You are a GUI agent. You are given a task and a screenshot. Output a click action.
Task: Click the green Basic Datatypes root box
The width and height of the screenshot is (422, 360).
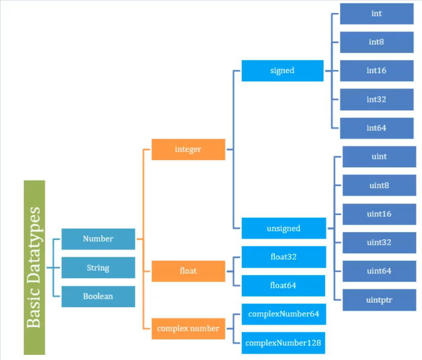tap(34, 267)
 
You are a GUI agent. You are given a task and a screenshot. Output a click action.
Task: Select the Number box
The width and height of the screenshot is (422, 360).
tap(98, 239)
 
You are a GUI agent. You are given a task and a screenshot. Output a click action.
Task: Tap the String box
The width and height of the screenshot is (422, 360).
tap(98, 268)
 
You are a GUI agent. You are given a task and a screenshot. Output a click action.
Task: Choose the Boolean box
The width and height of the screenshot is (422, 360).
tap(98, 296)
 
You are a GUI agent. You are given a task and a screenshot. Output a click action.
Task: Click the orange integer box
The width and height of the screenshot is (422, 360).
tap(188, 150)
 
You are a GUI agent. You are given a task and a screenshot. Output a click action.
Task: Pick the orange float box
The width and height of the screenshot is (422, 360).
tap(188, 271)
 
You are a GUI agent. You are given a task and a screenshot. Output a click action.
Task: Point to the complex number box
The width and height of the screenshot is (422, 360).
tap(188, 329)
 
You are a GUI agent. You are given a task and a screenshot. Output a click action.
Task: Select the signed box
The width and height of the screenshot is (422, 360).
tap(282, 70)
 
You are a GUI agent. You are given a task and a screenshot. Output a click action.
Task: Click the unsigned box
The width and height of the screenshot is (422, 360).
tap(283, 228)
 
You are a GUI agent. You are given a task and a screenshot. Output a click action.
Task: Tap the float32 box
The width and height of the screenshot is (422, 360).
tap(283, 257)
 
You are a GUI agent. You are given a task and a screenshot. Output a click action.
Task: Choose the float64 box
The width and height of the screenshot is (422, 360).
tap(283, 285)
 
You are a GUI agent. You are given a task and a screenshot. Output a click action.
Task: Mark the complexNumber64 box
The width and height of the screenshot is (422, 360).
tap(283, 314)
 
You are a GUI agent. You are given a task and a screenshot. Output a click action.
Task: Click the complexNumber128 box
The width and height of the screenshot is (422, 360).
tap(283, 343)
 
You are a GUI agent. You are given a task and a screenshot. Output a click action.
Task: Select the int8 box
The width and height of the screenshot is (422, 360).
tap(376, 42)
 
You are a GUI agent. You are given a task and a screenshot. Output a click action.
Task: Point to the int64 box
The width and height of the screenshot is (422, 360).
tap(376, 128)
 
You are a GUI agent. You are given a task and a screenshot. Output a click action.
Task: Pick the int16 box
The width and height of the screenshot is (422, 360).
tap(376, 70)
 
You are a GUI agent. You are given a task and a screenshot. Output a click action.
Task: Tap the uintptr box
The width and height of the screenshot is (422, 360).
tap(379, 300)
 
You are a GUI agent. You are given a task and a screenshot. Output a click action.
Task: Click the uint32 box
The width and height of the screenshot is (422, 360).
tap(379, 242)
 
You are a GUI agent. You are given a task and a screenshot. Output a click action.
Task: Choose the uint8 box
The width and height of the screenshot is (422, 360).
tap(379, 186)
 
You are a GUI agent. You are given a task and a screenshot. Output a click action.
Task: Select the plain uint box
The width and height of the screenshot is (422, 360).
tap(379, 157)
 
